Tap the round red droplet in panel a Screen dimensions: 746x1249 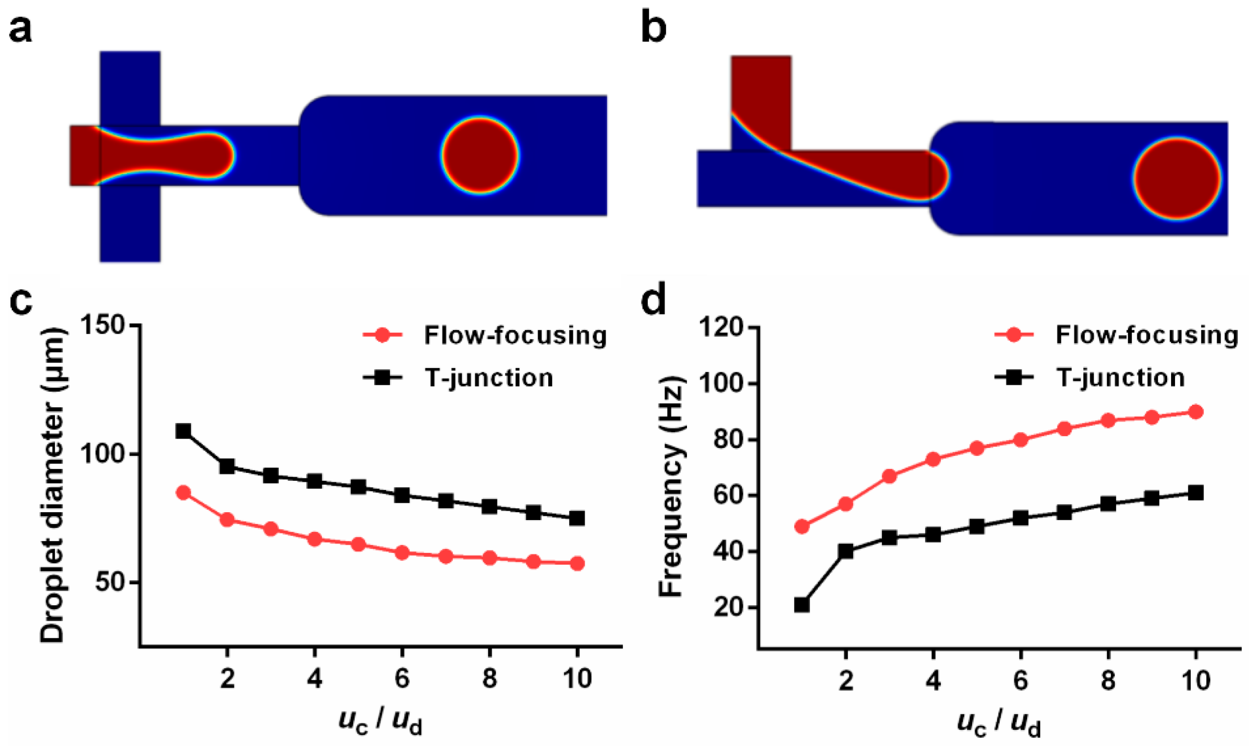(480, 155)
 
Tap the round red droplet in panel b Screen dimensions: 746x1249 (1176, 178)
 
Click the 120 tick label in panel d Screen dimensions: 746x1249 (720, 328)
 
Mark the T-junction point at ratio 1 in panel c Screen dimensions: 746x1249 (183, 431)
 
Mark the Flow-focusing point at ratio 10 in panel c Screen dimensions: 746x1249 (577, 564)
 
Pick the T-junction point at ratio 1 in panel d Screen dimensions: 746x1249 (802, 605)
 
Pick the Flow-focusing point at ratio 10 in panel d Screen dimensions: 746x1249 (1196, 412)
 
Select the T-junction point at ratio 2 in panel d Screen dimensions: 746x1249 (846, 551)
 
